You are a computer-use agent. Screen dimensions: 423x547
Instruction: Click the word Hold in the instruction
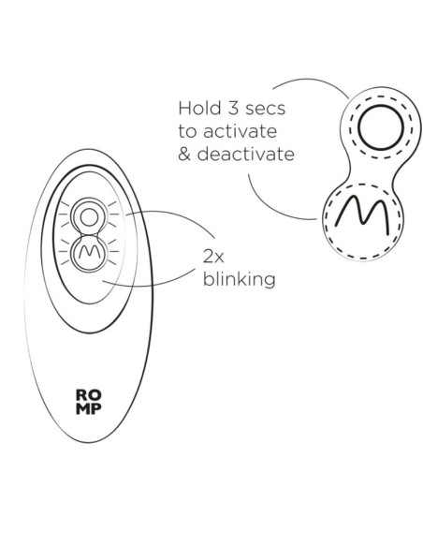click(x=199, y=108)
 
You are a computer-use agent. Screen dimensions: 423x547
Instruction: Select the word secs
click(x=266, y=110)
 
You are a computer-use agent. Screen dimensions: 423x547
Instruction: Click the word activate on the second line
click(x=241, y=131)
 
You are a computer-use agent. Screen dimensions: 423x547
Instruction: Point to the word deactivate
click(x=246, y=155)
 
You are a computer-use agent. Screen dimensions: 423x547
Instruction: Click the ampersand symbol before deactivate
click(x=183, y=155)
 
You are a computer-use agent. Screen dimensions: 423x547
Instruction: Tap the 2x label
click(x=213, y=257)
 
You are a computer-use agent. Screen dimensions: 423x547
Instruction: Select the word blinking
click(x=239, y=279)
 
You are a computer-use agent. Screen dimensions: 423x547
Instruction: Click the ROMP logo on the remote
click(x=89, y=402)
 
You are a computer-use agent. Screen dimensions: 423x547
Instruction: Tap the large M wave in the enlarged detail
click(x=362, y=214)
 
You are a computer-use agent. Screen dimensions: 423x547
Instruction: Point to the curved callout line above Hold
click(x=313, y=81)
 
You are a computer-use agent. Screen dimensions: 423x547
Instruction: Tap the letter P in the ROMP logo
click(x=95, y=409)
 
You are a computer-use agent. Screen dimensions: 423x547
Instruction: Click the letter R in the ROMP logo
click(x=81, y=395)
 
